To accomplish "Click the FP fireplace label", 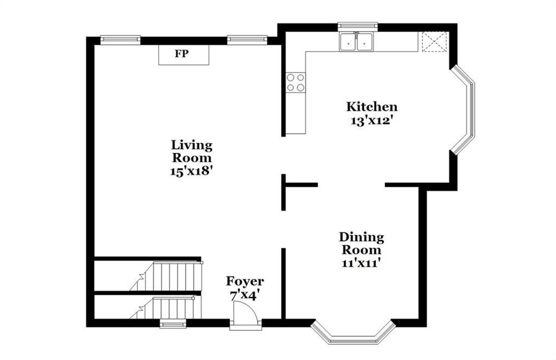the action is [181, 54].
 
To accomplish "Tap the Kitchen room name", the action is [371, 107].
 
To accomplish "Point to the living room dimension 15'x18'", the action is [192, 171].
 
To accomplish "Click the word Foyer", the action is [245, 282].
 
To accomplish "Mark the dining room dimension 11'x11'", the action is [361, 263].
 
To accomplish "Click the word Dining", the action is [361, 237].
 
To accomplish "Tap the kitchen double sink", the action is [356, 42].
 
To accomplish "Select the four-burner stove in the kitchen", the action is [296, 83].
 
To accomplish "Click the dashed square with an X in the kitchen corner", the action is [434, 42].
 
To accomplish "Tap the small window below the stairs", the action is [173, 324].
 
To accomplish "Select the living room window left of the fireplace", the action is [121, 40].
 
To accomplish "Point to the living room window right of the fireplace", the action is [247, 40].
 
